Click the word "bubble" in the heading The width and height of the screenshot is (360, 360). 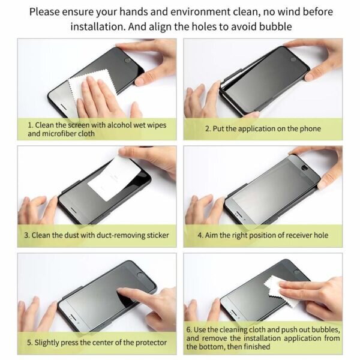275,26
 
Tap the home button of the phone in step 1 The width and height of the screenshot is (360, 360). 127,61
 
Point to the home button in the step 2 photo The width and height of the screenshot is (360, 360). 293,59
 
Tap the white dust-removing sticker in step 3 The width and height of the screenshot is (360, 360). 115,179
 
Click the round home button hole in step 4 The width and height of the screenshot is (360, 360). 305,168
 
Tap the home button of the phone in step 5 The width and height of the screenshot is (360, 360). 140,275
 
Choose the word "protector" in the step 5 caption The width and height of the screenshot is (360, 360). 151,343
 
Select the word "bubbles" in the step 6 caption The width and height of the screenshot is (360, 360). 326,330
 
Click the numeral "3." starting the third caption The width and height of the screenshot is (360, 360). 27,235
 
